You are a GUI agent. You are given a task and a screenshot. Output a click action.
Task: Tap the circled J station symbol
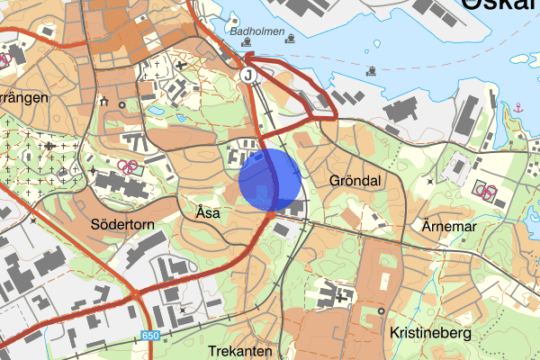click(x=247, y=75)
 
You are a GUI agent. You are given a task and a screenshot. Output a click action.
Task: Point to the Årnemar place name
click(x=448, y=226)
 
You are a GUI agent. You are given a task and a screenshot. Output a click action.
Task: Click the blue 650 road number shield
click(x=151, y=337)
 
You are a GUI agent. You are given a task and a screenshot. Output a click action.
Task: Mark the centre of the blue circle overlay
click(x=270, y=181)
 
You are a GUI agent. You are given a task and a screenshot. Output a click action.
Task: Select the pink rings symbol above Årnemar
click(x=486, y=191)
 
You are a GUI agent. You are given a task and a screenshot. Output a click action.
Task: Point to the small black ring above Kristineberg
click(x=382, y=311)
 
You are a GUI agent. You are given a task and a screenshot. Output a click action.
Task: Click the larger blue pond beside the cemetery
click(x=157, y=111)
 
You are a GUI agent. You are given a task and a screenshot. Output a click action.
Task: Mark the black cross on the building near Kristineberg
click(x=342, y=291)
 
